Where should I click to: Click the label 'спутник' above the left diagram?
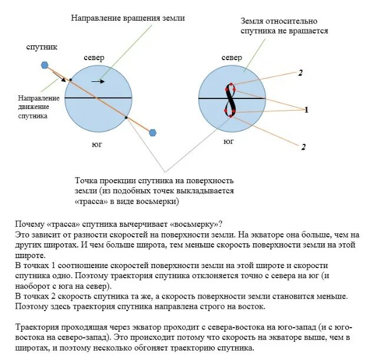[40, 46]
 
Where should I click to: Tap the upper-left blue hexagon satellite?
[44, 65]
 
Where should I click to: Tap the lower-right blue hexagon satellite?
[153, 133]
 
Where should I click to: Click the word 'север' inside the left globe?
[94, 58]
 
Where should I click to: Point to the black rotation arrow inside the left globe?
[99, 81]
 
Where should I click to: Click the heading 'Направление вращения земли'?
[128, 18]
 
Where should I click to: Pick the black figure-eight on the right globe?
[230, 99]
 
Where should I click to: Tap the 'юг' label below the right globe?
[229, 142]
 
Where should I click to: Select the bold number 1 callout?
[306, 110]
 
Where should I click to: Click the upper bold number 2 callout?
[300, 72]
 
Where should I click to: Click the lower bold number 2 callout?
[304, 147]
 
